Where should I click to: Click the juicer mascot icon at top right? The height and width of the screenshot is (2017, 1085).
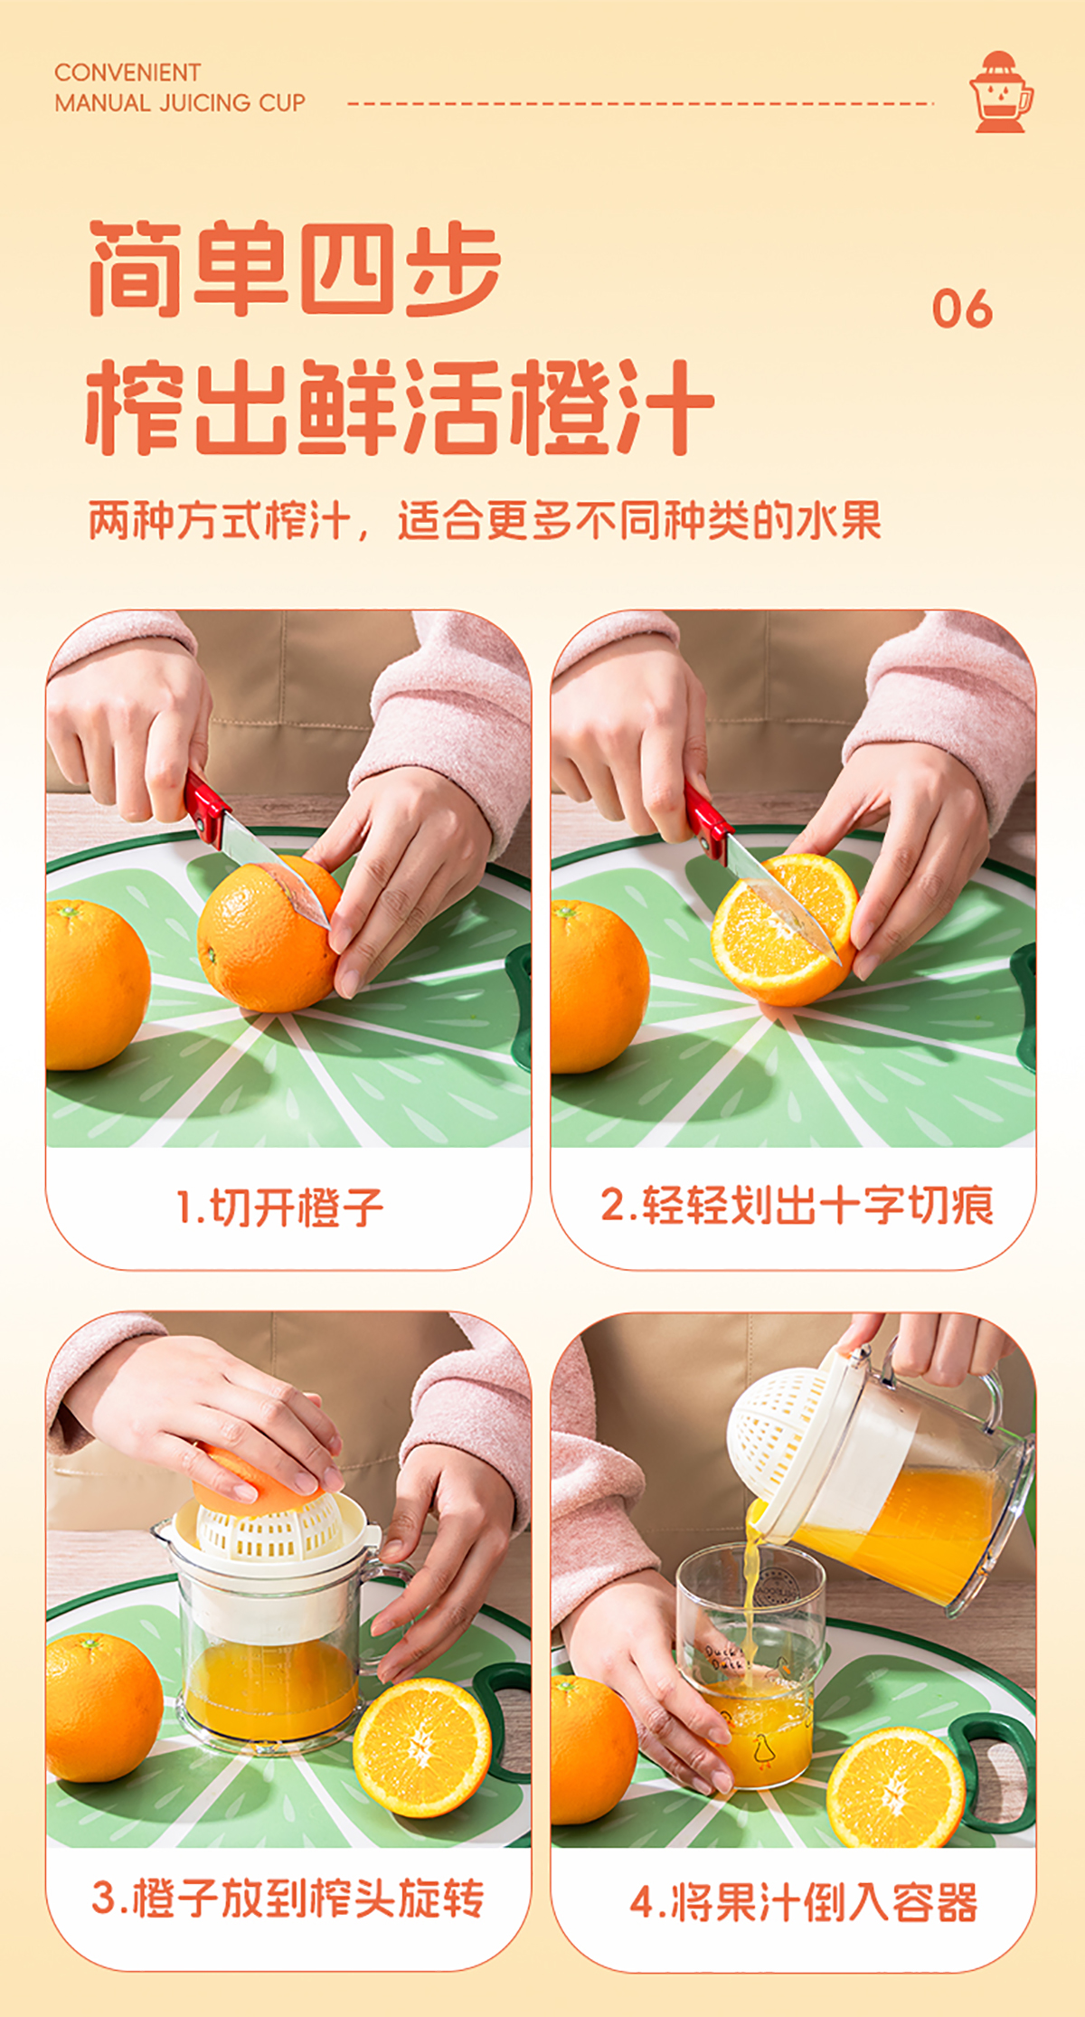coord(1001,91)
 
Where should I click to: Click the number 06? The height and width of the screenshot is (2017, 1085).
coord(962,309)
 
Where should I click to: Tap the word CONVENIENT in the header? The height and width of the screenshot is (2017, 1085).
coord(127,72)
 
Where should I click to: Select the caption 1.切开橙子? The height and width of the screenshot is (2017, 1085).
coord(280,1207)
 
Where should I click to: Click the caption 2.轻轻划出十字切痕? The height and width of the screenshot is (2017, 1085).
coord(797,1206)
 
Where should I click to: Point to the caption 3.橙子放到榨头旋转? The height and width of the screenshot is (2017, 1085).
coord(288,1899)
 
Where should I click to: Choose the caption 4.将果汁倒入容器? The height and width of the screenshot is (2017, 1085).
coord(804,1902)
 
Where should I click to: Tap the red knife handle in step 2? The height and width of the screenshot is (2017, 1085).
coord(707,821)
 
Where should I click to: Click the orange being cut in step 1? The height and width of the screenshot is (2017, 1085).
coord(269,933)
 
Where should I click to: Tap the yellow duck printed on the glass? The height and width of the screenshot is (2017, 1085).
coord(762,1750)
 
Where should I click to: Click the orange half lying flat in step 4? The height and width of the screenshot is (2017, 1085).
coord(895,1787)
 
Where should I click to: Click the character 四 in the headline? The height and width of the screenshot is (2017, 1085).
coord(346,269)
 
